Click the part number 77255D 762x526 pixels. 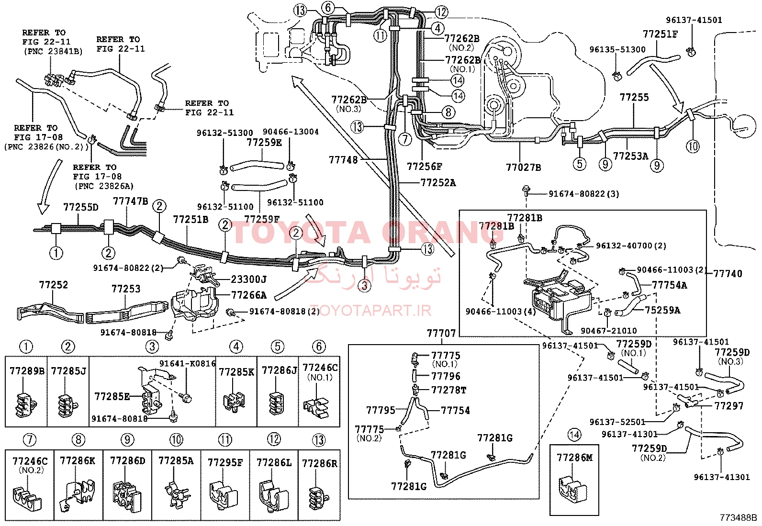coord(80,207)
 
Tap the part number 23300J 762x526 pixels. coord(249,280)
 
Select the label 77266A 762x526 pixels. coord(249,295)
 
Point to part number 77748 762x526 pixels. coord(343,159)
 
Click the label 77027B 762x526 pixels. coord(523,168)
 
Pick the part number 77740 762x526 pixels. coord(728,274)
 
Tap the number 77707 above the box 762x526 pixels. coord(441,333)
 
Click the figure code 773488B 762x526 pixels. coord(738,517)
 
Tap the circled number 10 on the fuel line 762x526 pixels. coord(693,146)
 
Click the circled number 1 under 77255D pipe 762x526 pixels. coord(56,253)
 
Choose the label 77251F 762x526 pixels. coord(660,34)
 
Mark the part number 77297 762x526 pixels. coord(728,406)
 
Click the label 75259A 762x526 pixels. coord(662,310)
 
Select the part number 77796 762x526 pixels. coord(446,376)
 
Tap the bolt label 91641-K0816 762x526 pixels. coord(188,363)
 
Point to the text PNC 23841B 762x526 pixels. coord(54,52)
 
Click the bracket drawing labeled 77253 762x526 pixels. coord(126,313)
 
